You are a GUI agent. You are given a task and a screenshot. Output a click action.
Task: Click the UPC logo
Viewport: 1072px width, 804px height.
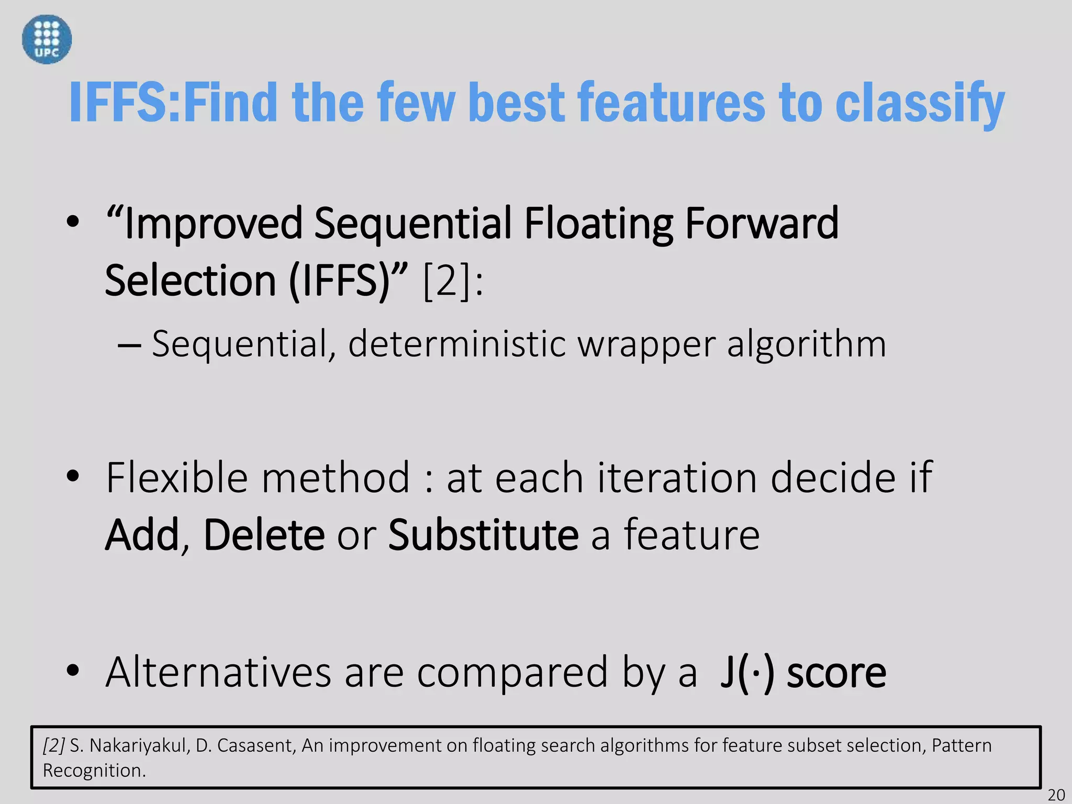47,39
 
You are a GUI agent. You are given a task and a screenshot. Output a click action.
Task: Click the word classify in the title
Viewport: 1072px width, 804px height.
920,103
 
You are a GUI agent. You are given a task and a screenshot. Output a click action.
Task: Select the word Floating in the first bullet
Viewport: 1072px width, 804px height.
598,224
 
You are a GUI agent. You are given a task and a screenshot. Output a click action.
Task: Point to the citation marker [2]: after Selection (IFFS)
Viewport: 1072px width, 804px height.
453,282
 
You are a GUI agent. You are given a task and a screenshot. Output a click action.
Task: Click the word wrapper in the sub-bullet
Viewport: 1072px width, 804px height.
646,344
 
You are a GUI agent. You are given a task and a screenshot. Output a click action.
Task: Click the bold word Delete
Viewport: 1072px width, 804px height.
264,535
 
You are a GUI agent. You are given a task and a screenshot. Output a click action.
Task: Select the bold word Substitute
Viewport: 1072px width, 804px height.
483,535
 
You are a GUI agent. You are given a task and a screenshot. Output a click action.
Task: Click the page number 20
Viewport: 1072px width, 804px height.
1056,795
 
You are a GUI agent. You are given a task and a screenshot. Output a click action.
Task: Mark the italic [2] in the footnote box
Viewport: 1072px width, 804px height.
54,745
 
